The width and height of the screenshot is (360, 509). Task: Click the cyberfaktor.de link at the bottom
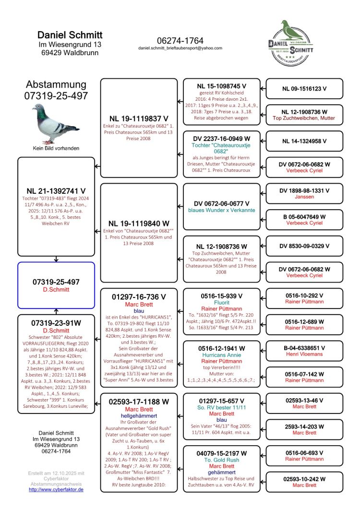coord(56,489)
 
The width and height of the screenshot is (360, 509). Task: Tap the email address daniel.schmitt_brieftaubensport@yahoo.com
coord(180,48)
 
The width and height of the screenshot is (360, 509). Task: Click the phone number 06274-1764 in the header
coord(180,40)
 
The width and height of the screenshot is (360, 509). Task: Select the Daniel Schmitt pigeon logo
coord(291,43)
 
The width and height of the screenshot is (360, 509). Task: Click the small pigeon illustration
coord(56,124)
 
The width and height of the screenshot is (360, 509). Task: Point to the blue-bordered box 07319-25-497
coord(56,285)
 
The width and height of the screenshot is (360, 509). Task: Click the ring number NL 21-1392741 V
coord(56,190)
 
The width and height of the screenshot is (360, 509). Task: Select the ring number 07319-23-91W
coord(56,323)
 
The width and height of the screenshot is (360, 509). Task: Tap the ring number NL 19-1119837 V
coord(139,118)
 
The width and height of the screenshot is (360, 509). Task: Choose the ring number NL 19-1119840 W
coord(139,223)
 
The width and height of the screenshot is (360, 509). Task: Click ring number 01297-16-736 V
coord(139,297)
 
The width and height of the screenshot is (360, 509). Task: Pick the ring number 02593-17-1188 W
coord(139,402)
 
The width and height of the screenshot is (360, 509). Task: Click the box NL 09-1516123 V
coord(304,89)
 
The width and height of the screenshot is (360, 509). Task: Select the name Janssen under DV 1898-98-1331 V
coord(304,197)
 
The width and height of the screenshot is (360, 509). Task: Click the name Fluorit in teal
coord(221,303)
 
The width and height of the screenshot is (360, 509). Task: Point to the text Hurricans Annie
coord(221,355)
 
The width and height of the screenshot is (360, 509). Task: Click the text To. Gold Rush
coord(221,460)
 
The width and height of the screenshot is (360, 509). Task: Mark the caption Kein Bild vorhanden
coord(56,148)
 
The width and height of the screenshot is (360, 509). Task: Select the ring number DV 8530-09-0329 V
coord(304,246)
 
